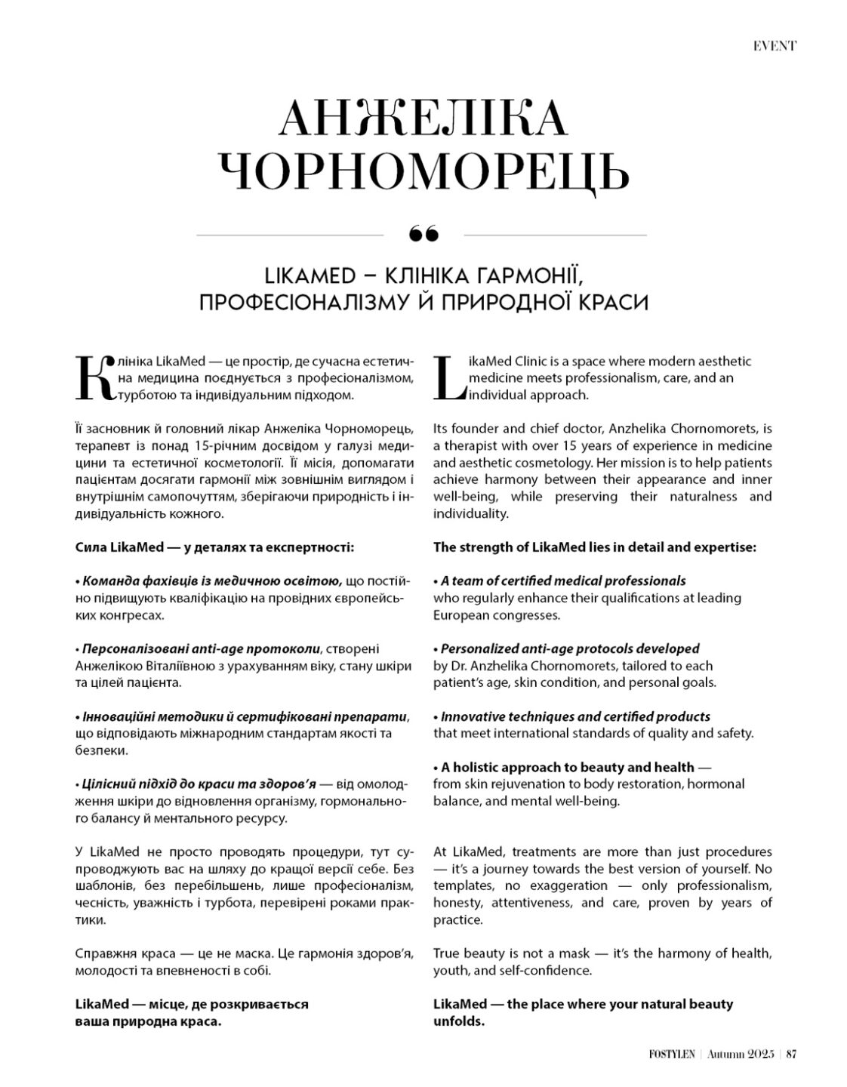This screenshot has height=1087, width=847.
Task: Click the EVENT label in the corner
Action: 774,46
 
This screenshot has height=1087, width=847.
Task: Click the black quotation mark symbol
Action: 423,235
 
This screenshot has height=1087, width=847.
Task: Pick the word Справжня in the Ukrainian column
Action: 100,954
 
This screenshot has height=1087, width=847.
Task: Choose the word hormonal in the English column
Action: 716,784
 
